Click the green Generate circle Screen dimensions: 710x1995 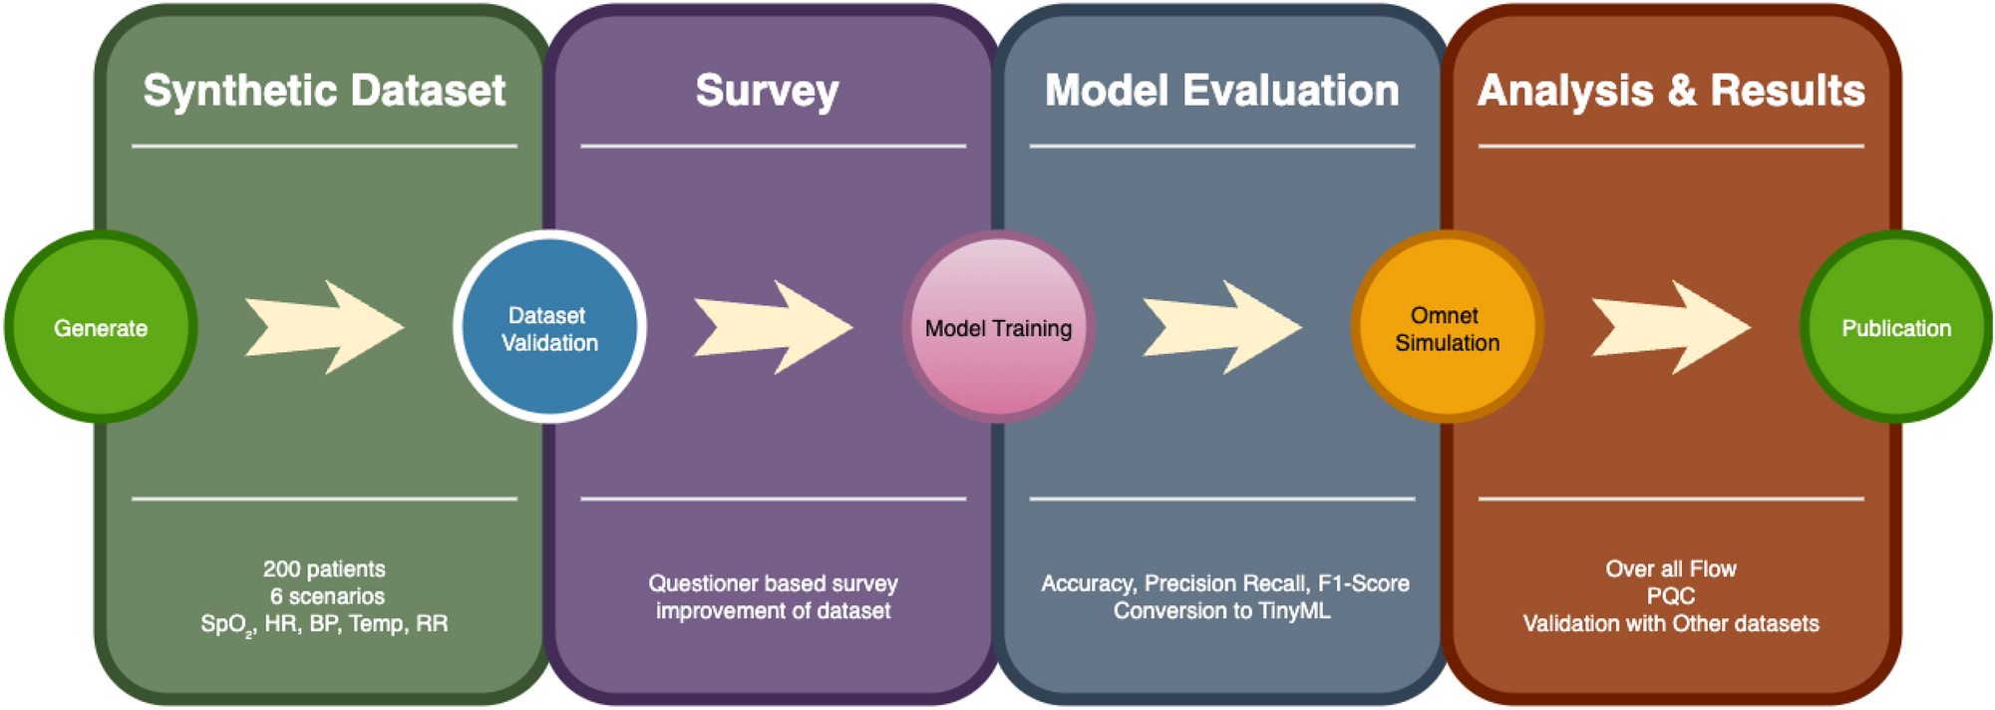(x=101, y=327)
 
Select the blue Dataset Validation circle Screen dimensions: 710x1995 (x=549, y=327)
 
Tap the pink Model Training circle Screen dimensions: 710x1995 (x=998, y=327)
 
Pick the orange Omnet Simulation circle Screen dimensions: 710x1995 (x=1447, y=327)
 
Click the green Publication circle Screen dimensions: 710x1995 (x=1895, y=327)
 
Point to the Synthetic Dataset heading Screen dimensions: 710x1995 (x=324, y=91)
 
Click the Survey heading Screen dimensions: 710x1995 (x=767, y=91)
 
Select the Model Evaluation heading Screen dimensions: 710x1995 (x=1221, y=91)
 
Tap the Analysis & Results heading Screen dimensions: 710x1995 (x=1671, y=91)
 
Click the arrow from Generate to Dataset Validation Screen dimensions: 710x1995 (x=325, y=327)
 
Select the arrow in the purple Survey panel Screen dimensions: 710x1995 (x=774, y=327)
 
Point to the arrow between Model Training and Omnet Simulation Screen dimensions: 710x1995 (x=1222, y=327)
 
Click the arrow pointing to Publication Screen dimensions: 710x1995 (x=1671, y=327)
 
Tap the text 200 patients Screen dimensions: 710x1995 (x=324, y=568)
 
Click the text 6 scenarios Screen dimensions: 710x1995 (x=327, y=596)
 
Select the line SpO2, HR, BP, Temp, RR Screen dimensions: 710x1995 (x=324, y=624)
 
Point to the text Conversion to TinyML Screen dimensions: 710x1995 (x=1221, y=610)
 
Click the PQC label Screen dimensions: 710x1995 (x=1671, y=596)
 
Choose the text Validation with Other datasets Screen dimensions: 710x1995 (x=1671, y=624)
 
